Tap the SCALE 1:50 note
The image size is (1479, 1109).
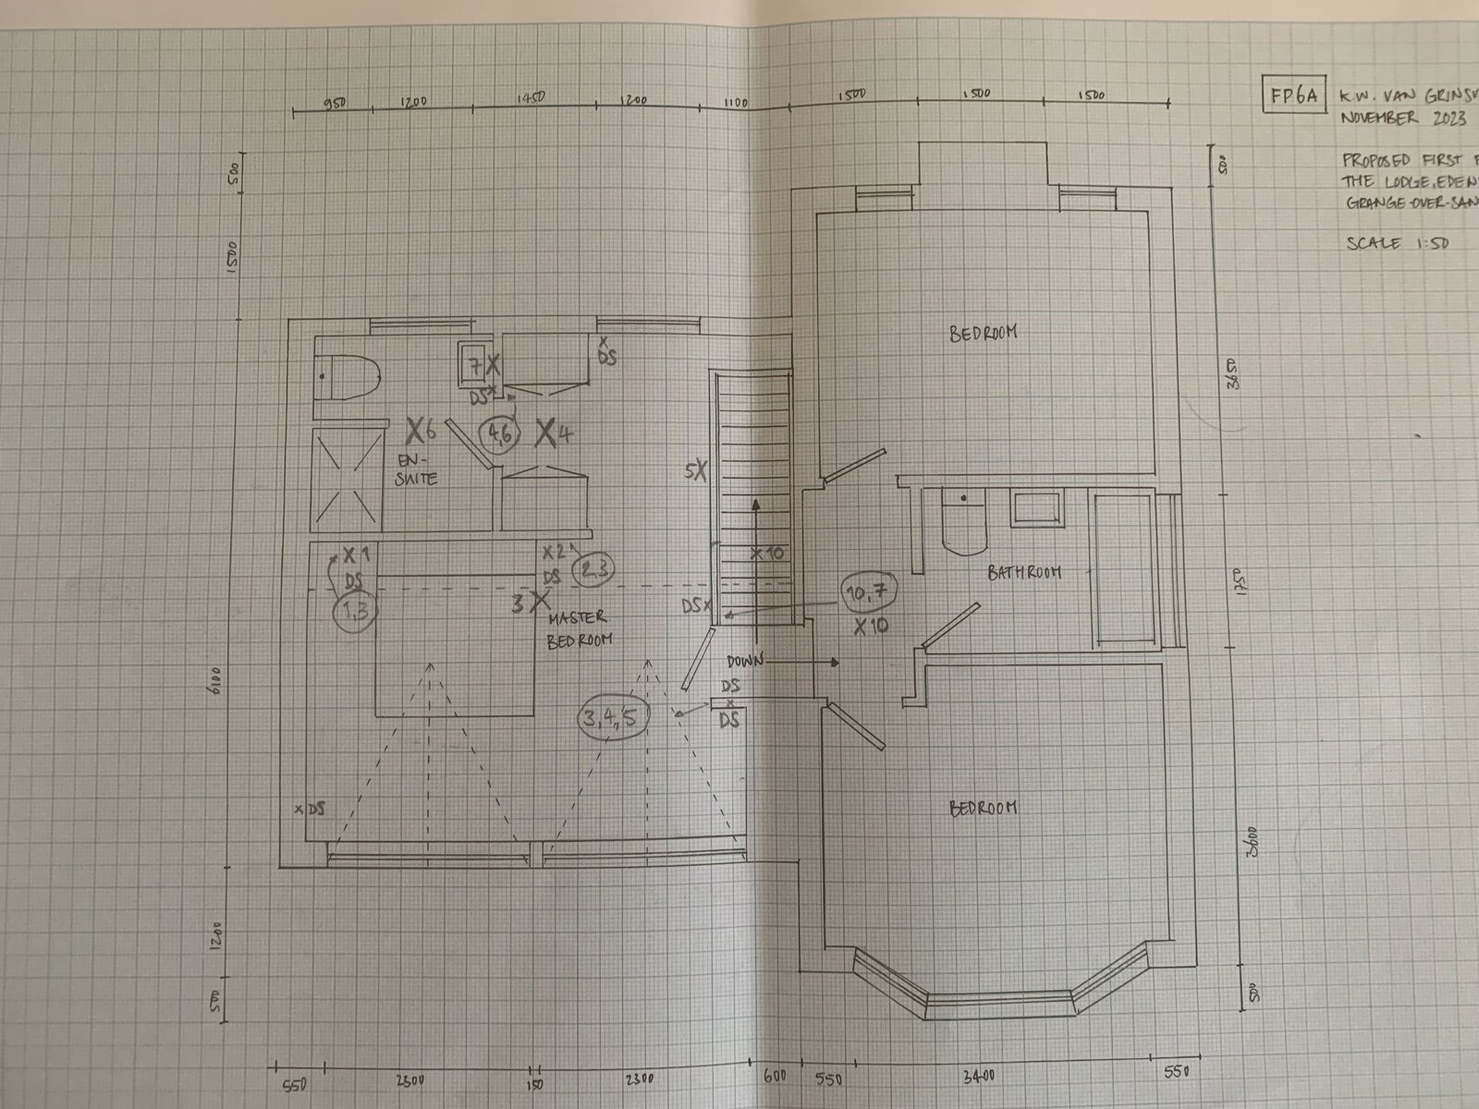click(x=1397, y=244)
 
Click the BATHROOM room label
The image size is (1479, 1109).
click(x=1024, y=573)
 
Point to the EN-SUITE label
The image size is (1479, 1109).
click(x=417, y=469)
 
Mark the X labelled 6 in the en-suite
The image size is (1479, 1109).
click(x=417, y=429)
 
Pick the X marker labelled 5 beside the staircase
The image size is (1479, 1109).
click(x=700, y=469)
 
